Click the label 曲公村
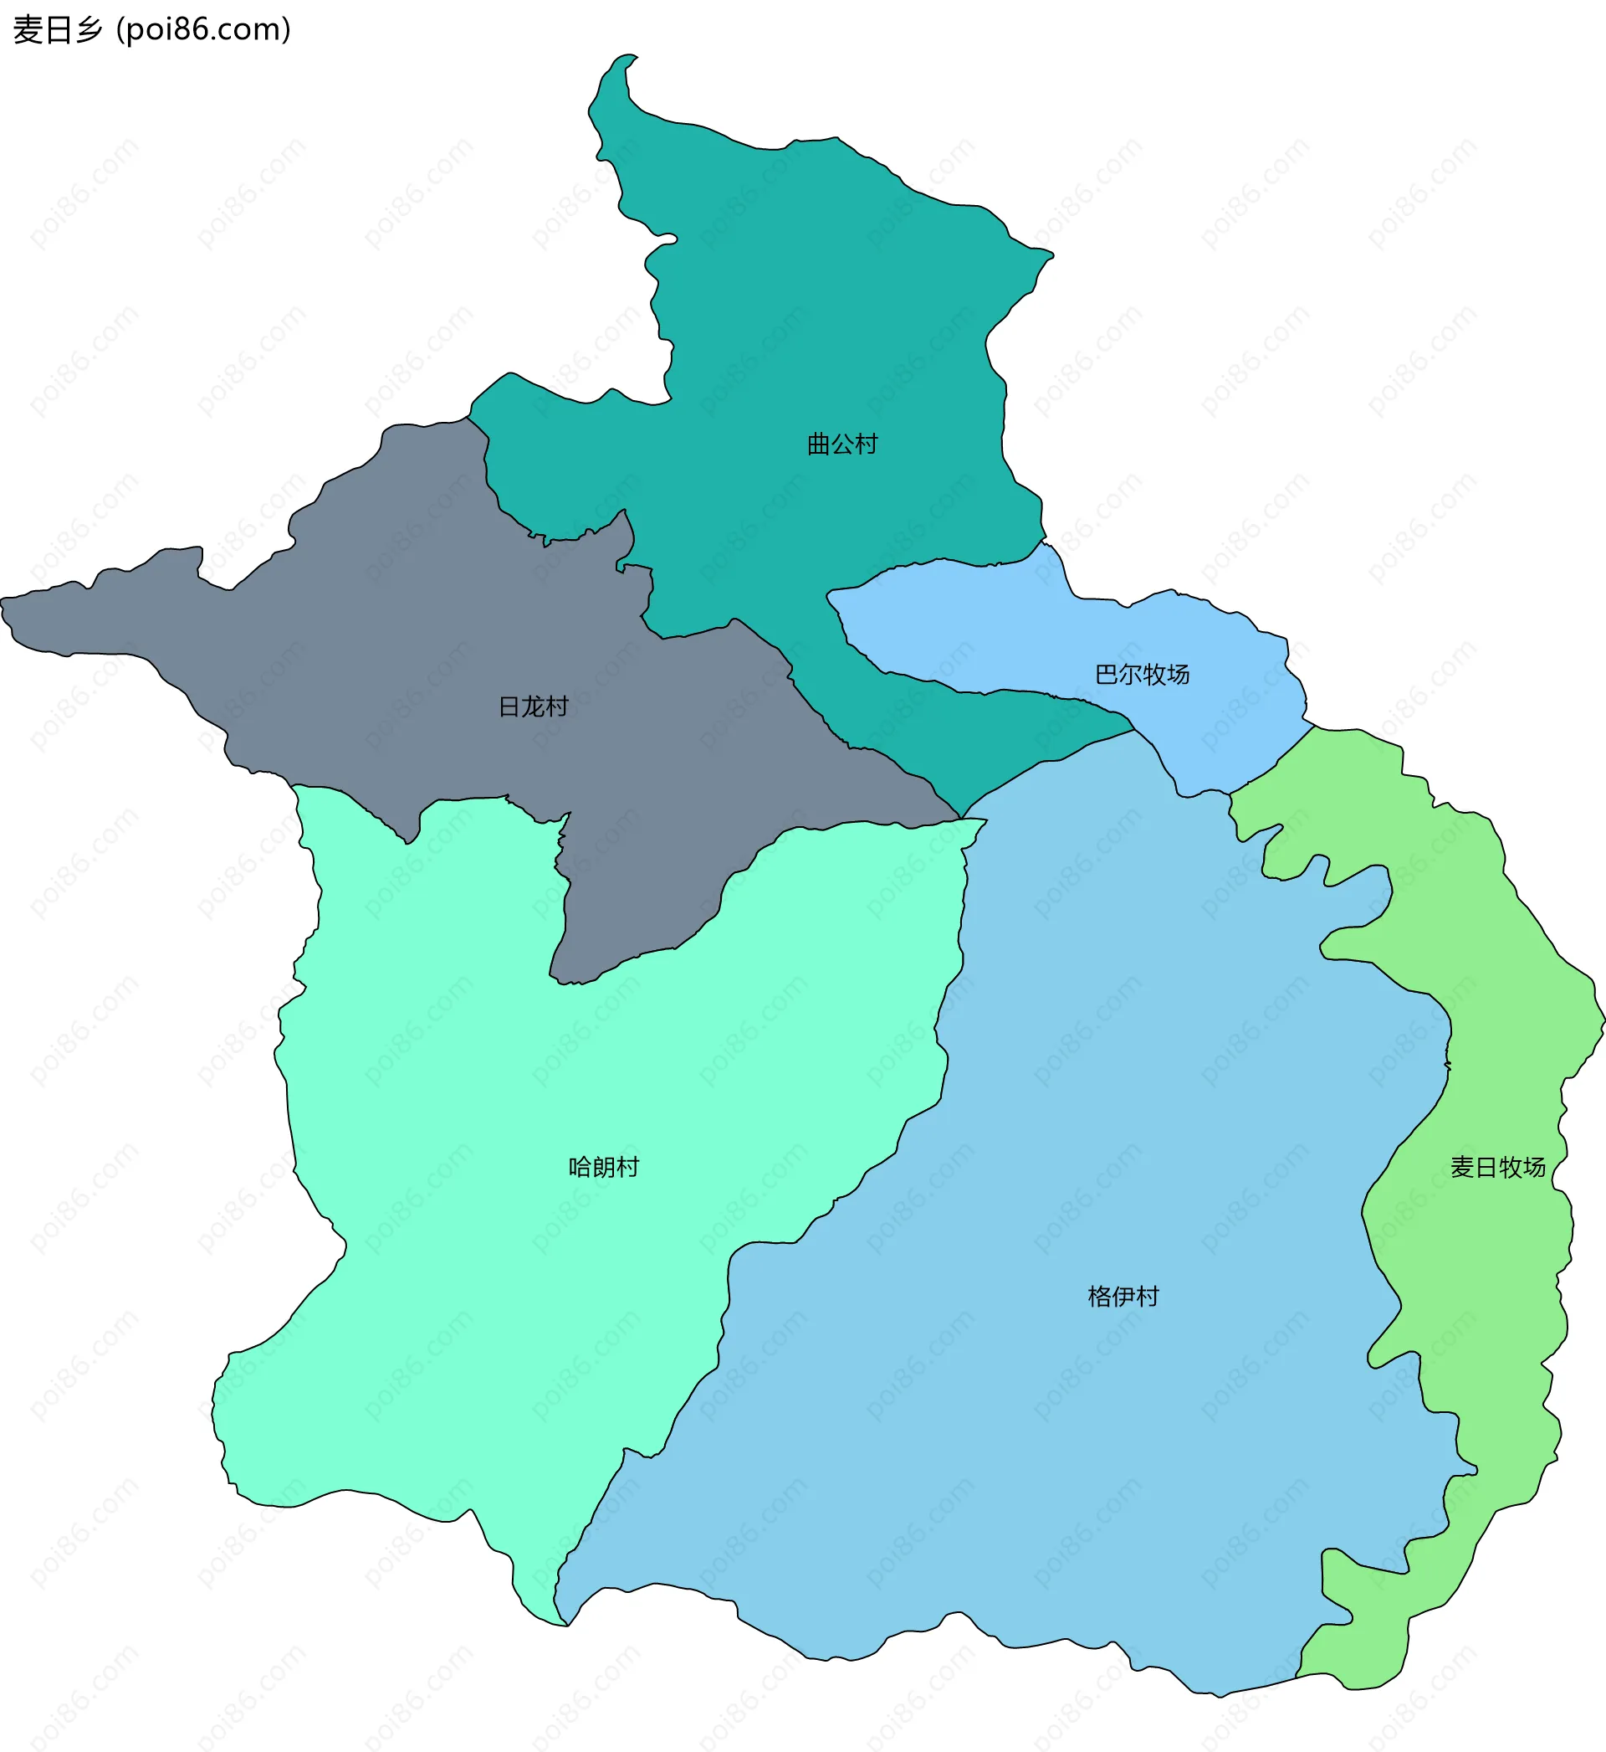842,444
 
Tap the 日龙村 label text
534,706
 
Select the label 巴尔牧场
1142,674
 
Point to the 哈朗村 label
604,1167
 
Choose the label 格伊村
1123,1297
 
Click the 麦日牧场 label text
1498,1167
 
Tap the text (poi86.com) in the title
203,30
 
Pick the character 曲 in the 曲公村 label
819,444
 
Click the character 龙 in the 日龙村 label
534,706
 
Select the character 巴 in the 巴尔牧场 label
1107,674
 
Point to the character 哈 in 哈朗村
581,1167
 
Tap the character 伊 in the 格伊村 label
1123,1297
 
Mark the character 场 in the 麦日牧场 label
1535,1167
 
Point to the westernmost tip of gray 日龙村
3,600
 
